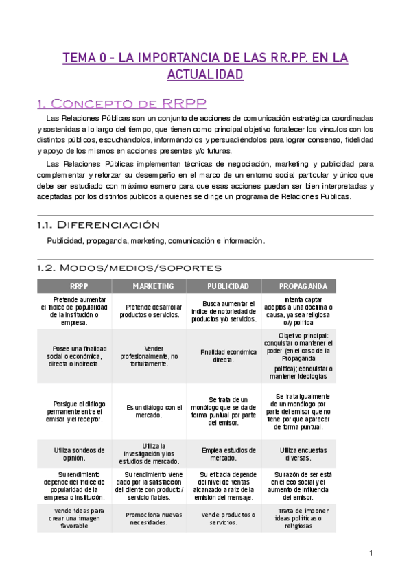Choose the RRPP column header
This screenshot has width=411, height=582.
click(x=74, y=286)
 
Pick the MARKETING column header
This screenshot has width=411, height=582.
click(x=150, y=286)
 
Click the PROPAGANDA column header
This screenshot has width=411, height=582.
click(x=298, y=286)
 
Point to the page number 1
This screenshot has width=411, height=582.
click(x=371, y=554)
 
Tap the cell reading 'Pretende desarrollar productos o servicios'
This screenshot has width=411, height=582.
click(x=150, y=311)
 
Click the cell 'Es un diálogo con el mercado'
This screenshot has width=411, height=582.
click(x=150, y=411)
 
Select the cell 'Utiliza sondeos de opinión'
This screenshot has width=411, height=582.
click(x=74, y=454)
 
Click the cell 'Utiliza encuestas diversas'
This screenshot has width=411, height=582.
click(x=298, y=454)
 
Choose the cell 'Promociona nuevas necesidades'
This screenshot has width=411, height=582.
click(x=150, y=519)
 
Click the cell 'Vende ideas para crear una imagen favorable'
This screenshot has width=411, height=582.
click(x=74, y=519)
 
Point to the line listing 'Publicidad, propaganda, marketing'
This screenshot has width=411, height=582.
click(x=155, y=241)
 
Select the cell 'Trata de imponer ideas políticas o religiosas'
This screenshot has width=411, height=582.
click(x=298, y=519)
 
